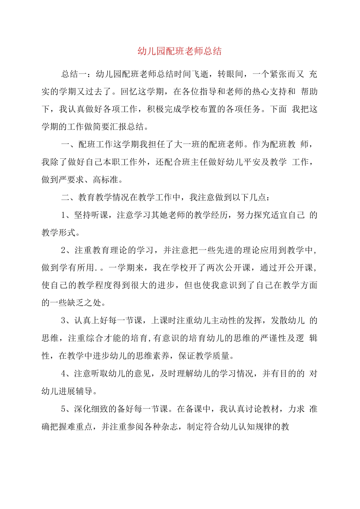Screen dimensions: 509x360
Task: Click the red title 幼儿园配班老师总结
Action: [180, 51]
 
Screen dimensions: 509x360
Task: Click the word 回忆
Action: [129, 92]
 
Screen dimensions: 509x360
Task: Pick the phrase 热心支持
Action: [270, 92]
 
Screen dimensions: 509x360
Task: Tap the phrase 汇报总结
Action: [127, 127]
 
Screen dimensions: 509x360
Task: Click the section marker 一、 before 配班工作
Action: [69, 144]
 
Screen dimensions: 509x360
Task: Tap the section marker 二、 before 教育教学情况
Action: [69, 197]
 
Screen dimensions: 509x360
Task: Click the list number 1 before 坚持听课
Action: [64, 215]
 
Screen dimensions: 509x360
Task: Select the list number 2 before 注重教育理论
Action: [64, 250]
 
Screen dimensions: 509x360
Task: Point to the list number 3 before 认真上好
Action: [64, 320]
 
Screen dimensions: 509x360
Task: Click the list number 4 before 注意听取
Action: [64, 373]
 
